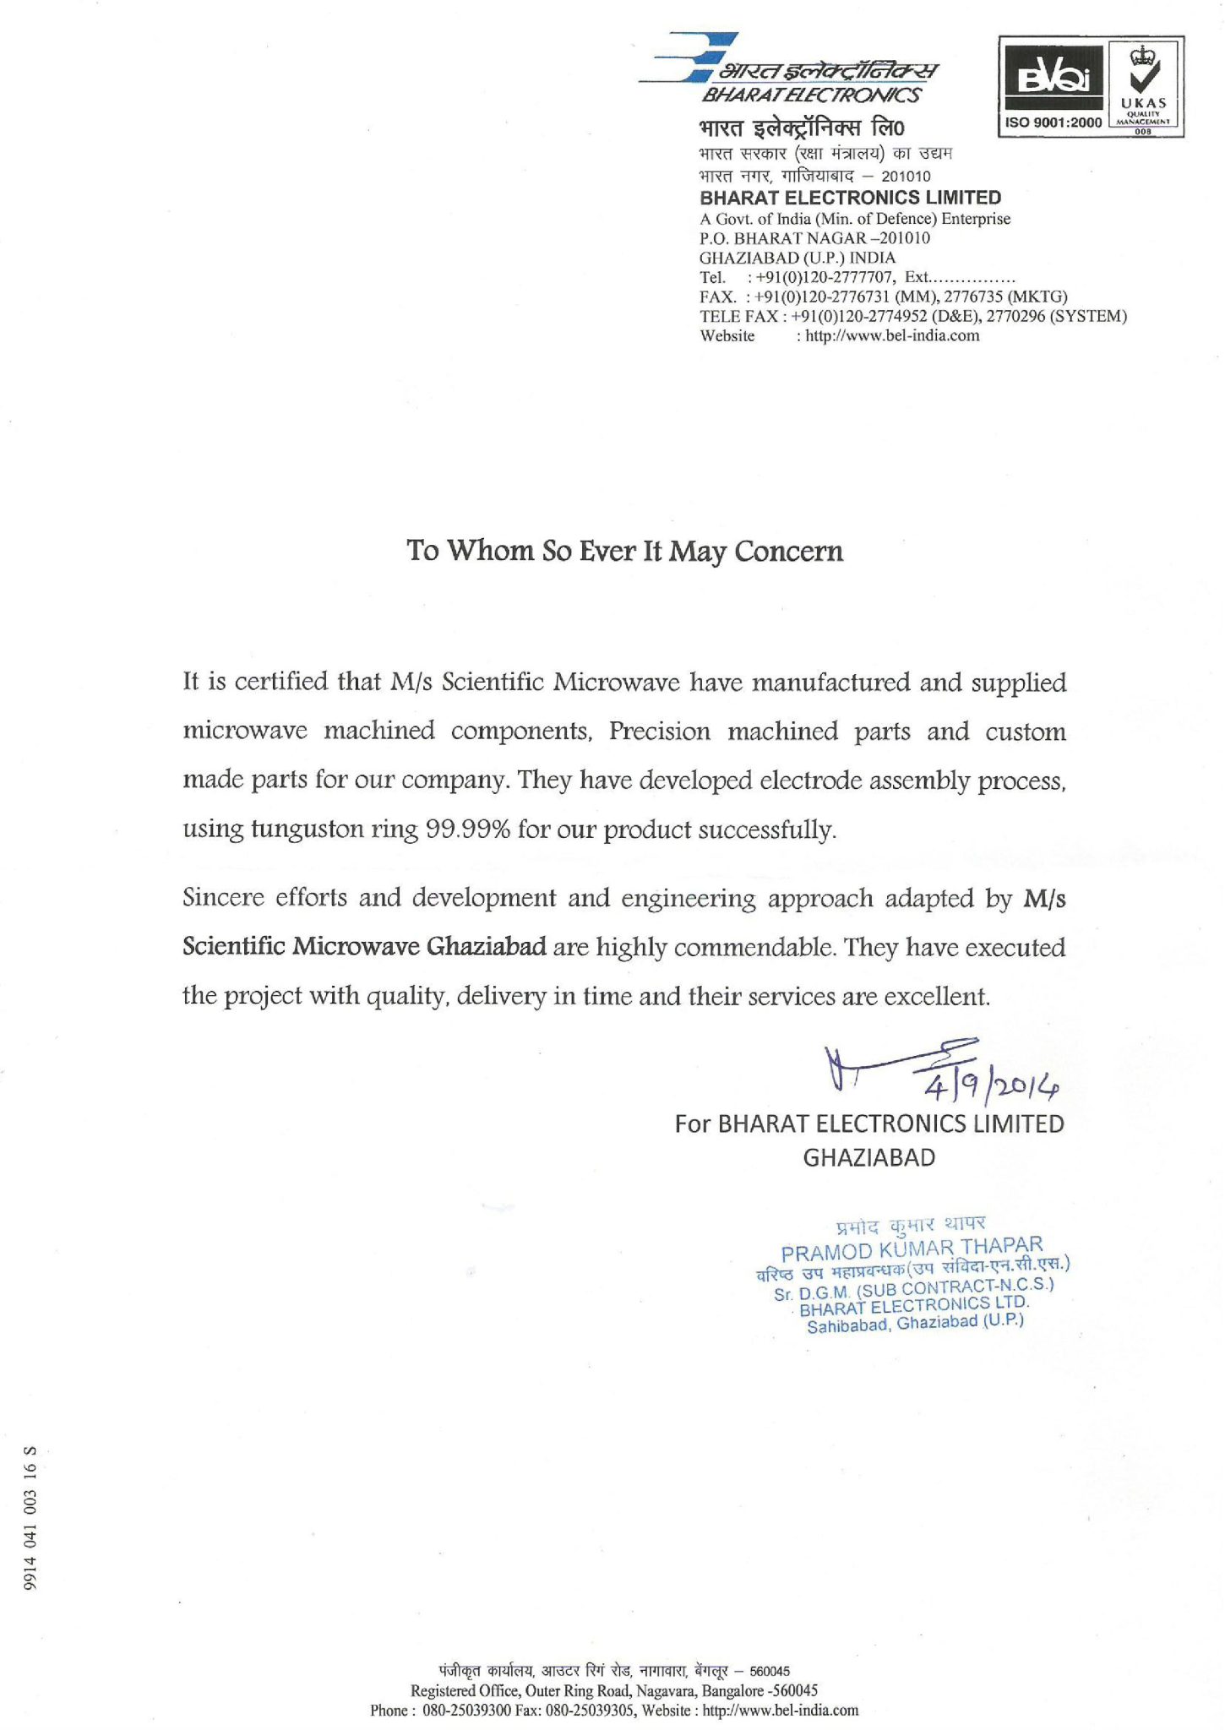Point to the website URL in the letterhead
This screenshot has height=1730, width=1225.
coord(892,336)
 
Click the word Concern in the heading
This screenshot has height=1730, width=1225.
coord(788,552)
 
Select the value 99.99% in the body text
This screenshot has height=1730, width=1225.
coord(467,830)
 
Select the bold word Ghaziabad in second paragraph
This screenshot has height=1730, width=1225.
coord(487,947)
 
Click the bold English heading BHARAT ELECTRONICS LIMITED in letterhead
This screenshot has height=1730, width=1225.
coord(850,199)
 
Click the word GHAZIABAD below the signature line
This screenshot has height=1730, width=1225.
coord(868,1157)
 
